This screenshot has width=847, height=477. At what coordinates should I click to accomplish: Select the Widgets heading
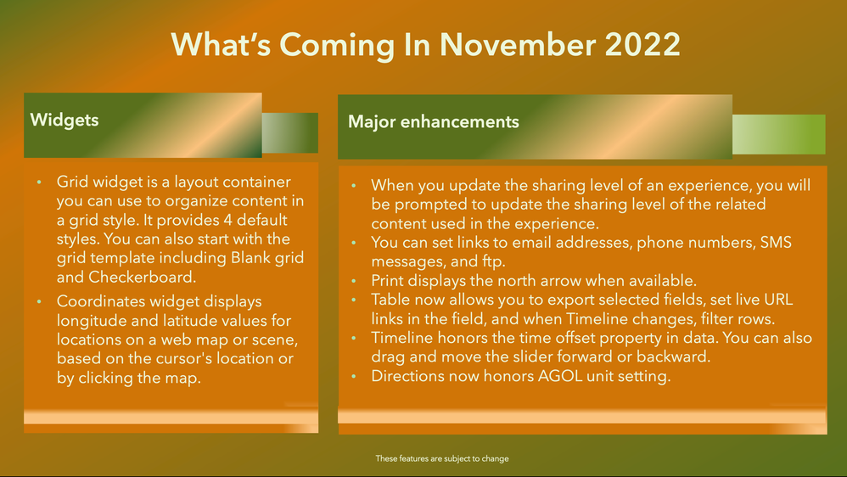coord(65,120)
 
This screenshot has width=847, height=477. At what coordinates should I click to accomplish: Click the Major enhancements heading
coord(433,121)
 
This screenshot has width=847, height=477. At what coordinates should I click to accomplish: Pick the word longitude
coord(93,320)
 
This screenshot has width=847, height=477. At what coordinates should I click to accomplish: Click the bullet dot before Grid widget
coord(38,183)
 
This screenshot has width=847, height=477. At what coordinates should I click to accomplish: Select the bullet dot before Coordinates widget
coord(38,302)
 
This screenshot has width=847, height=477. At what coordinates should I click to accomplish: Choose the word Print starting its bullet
coord(389,280)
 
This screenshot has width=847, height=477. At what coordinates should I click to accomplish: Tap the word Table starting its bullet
coord(391,299)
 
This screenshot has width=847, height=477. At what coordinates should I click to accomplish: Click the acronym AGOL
coord(569,375)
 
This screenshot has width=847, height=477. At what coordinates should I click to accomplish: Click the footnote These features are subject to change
coord(442,459)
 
